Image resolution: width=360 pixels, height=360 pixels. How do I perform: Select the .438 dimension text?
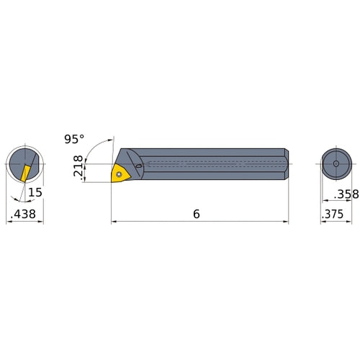(24, 214)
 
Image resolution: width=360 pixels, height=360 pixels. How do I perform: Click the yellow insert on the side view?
(120, 174)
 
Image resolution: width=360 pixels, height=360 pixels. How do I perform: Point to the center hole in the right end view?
(336, 165)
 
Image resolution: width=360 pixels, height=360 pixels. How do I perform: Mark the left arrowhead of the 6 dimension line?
(114, 222)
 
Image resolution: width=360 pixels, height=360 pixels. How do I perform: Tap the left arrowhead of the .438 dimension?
(9, 222)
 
